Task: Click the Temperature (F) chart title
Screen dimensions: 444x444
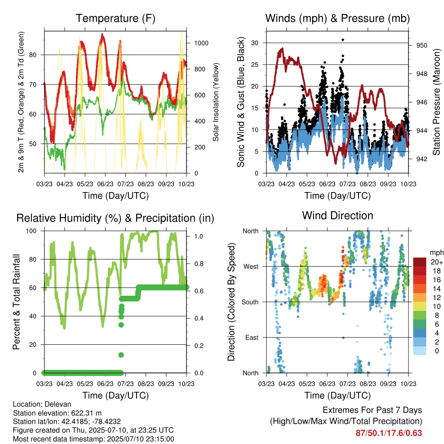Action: pos(115,18)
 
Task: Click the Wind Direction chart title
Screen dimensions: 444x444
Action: pos(337,215)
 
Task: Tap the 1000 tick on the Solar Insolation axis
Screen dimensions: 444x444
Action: pos(201,43)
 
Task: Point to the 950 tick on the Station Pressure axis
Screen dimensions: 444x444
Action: pos(421,45)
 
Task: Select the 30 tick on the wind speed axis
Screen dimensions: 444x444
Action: pos(255,43)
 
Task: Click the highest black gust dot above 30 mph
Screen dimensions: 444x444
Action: pos(343,40)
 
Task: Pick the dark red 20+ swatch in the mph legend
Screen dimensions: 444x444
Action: pos(419,262)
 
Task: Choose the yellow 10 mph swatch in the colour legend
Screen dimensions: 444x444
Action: pos(419,307)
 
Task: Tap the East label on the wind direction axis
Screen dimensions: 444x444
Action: pos(252,337)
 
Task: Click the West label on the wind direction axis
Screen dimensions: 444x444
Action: pos(251,267)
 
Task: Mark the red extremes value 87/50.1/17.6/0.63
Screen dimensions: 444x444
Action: pos(389,433)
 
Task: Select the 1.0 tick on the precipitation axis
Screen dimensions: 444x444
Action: pos(199,236)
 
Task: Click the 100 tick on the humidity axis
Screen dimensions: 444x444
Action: pos(31,231)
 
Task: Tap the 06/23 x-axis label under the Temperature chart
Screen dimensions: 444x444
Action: pos(105,184)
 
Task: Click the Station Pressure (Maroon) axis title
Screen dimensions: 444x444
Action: pos(436,102)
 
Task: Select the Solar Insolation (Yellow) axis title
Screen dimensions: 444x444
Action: pos(216,102)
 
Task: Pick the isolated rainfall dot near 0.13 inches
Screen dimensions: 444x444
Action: pos(121,355)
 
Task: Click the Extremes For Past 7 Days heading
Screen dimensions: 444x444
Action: pos(372,410)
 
